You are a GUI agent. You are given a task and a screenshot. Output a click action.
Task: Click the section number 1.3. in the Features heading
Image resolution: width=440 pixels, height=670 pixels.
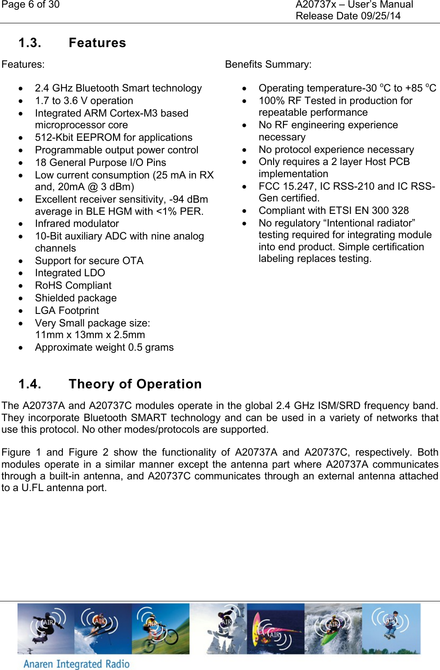[x=30, y=43]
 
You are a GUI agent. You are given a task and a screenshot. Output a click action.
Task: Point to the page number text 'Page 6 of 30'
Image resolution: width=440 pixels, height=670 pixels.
[x=30, y=5]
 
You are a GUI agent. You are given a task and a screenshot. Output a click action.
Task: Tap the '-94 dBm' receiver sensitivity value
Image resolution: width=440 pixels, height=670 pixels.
[x=188, y=200]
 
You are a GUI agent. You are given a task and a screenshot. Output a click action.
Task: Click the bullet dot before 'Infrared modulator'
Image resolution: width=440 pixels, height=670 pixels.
[x=21, y=224]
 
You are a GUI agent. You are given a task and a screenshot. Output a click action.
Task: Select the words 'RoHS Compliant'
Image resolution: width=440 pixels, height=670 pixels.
[x=73, y=286]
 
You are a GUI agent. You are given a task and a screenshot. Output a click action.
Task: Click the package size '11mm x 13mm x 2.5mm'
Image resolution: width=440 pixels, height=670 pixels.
[x=90, y=335]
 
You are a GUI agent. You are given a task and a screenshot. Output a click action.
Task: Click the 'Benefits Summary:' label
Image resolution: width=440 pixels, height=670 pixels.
[x=268, y=65]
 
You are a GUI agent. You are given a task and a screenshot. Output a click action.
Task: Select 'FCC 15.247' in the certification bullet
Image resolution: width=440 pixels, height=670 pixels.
[x=286, y=187]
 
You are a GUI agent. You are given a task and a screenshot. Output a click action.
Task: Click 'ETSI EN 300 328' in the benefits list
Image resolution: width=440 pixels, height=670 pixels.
[x=369, y=211]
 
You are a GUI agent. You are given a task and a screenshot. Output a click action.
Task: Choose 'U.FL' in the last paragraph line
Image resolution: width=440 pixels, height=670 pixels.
[x=32, y=488]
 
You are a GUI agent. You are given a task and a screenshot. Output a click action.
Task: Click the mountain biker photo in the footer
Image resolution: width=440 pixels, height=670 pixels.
[x=161, y=628]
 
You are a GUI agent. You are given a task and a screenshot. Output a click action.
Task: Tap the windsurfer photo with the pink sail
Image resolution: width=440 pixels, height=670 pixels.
[x=275, y=628]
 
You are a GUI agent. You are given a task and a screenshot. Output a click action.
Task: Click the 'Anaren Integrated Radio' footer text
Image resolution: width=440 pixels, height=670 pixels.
[x=76, y=664]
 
